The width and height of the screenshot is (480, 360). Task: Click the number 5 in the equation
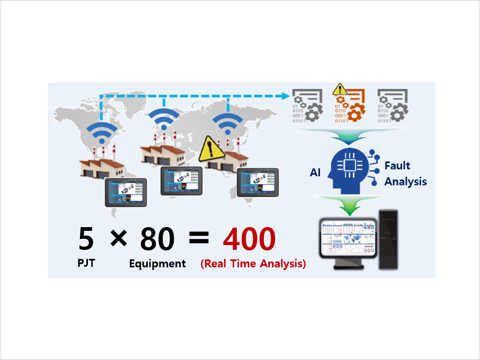86,239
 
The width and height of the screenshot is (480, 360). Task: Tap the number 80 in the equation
157,239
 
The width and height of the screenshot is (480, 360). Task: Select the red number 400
249,239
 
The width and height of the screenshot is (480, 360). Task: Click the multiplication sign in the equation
119,239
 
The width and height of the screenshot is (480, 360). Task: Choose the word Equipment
157,264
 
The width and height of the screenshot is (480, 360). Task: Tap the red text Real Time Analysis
253,264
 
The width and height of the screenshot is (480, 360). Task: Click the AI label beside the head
316,173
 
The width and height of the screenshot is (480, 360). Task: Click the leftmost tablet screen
127,192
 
